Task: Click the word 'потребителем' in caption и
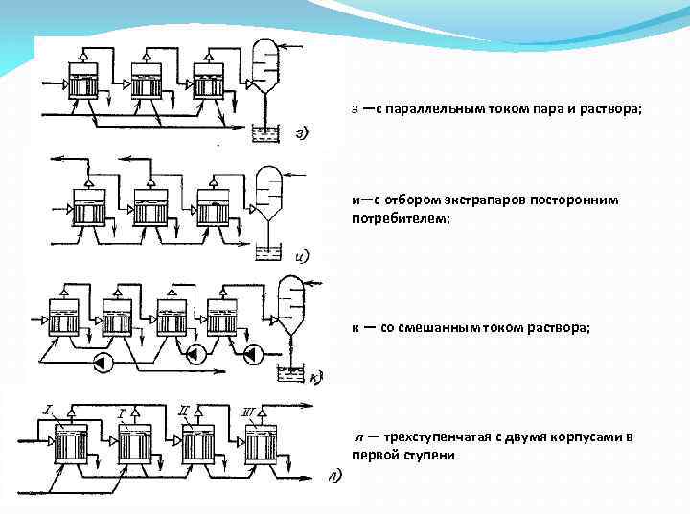pos(401,218)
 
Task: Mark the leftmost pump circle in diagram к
pos(103,363)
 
